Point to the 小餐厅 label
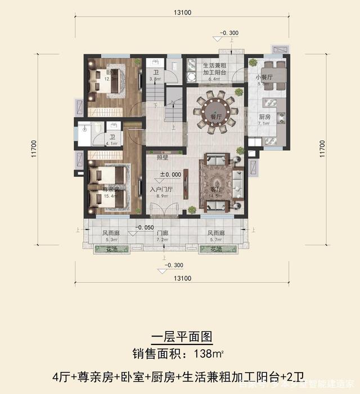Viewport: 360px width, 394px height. (264, 78)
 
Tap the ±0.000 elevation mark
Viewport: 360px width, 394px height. (170, 175)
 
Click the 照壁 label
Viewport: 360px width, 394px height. (161, 158)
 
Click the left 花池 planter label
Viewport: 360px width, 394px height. (103, 249)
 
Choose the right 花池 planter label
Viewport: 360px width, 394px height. (217, 249)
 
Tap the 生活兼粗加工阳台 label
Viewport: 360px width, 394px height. (215, 68)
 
